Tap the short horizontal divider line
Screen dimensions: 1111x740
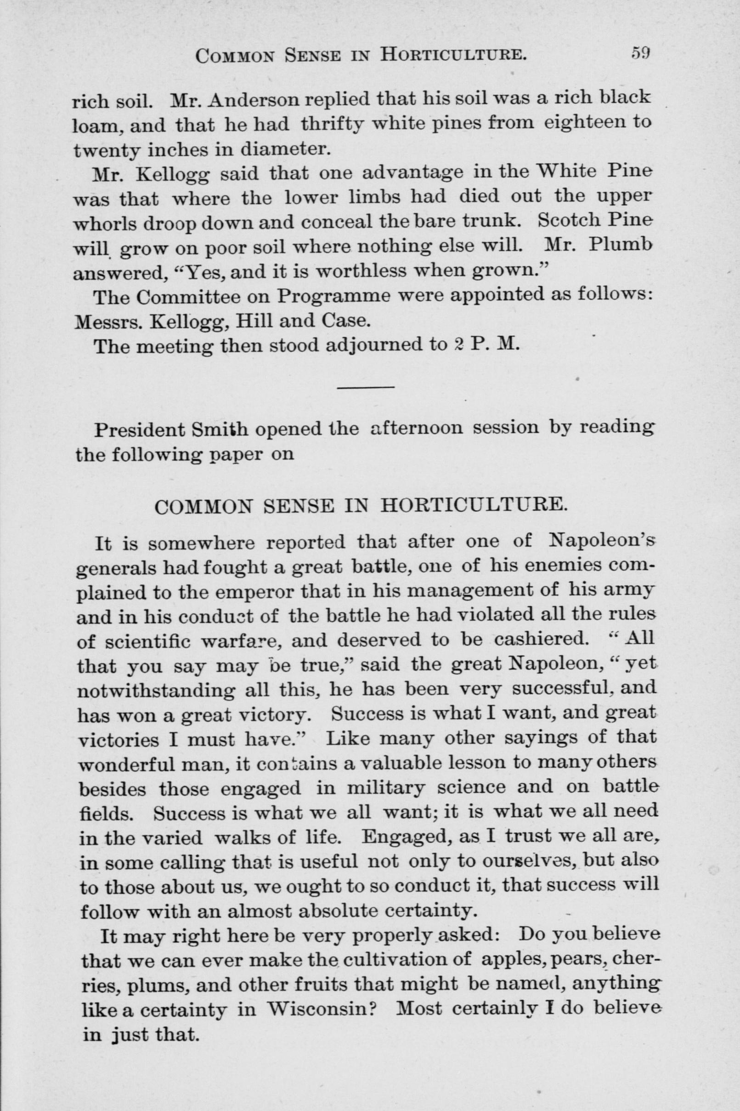click(x=366, y=388)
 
